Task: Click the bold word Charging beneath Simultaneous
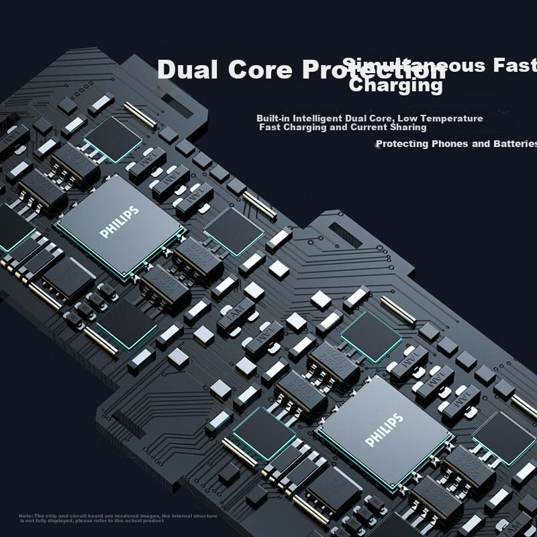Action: pos(396,86)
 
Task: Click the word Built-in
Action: pos(273,118)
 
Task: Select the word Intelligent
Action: pos(318,118)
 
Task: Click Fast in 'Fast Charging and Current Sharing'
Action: pos(270,127)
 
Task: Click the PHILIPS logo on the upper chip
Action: pos(119,222)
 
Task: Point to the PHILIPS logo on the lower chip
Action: pos(385,430)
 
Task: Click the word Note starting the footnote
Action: pos(26,516)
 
